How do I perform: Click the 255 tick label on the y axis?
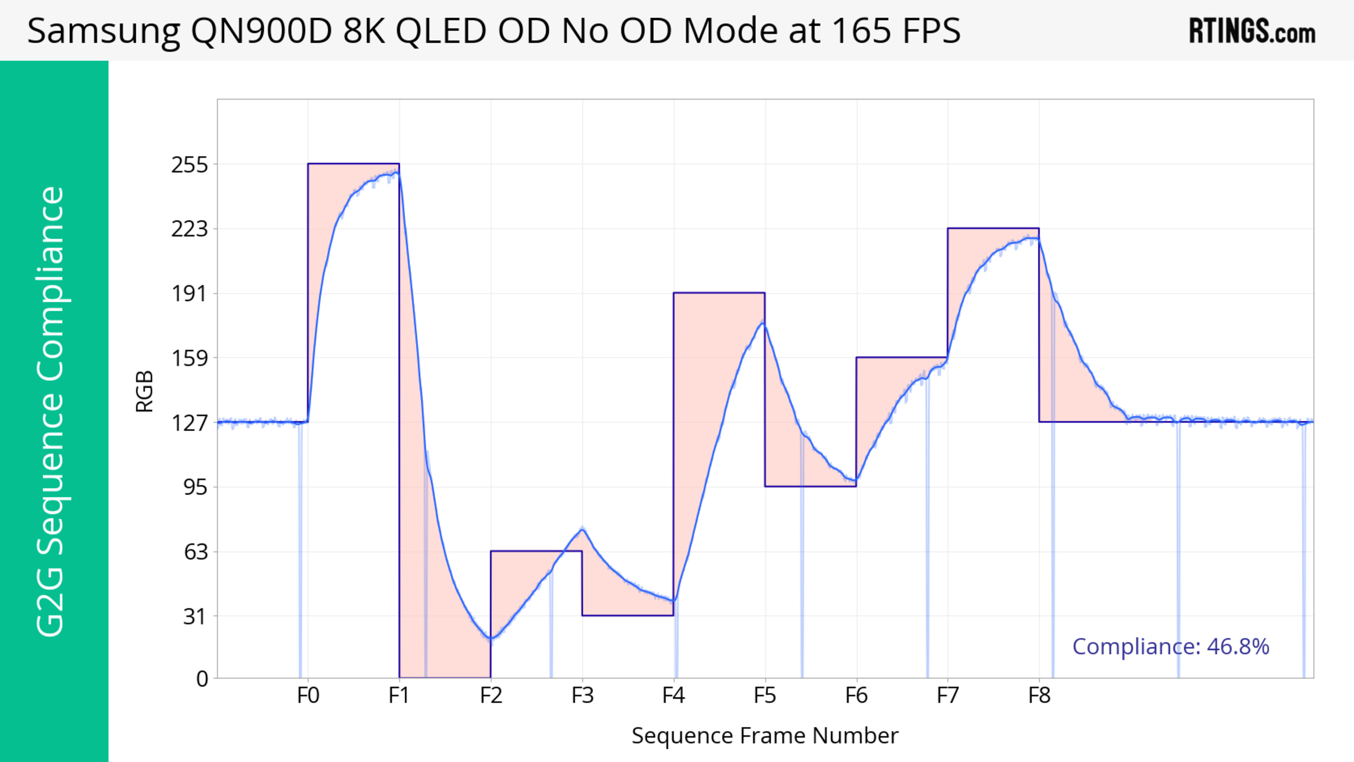click(x=189, y=165)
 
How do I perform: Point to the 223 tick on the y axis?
click(x=189, y=229)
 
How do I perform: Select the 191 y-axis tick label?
click(x=189, y=294)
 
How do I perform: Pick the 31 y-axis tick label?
click(x=195, y=616)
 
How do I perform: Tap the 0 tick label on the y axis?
click(x=202, y=679)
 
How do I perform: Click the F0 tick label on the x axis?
click(x=308, y=696)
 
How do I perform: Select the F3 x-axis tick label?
click(x=583, y=696)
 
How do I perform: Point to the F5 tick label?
click(x=765, y=696)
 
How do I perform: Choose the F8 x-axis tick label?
click(x=1039, y=696)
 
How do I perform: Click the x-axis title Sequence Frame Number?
click(x=765, y=736)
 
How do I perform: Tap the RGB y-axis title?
click(x=145, y=391)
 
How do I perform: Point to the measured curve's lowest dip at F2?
click(x=491, y=639)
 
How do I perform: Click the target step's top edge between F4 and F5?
click(x=719, y=293)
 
